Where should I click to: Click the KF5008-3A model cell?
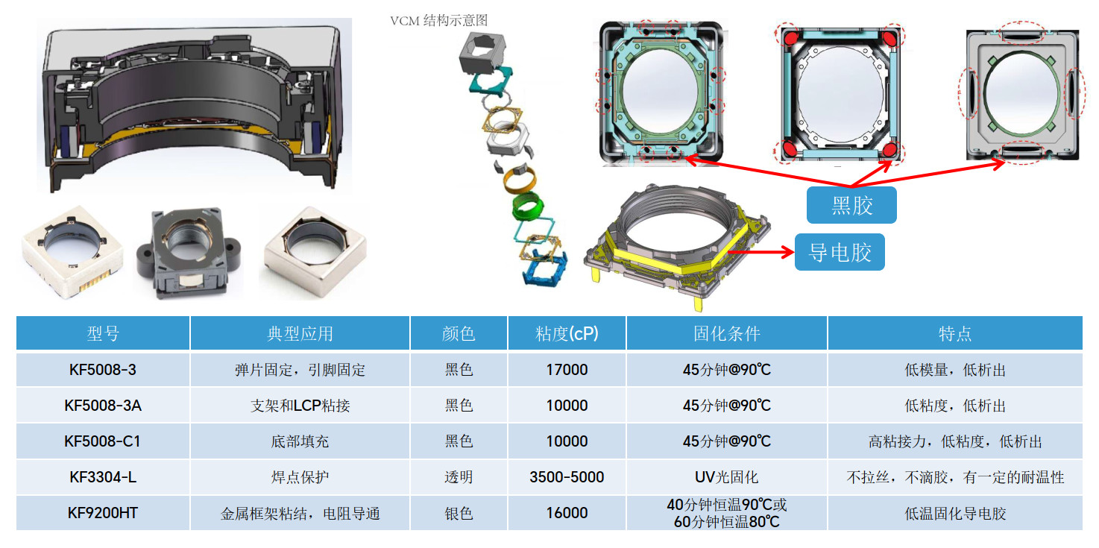pyautogui.click(x=103, y=406)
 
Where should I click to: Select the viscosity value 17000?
pyautogui.click(x=567, y=370)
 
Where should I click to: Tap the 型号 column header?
pyautogui.click(x=103, y=333)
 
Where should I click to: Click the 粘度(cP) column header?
pyautogui.click(x=567, y=333)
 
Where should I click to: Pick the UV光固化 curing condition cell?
pyautogui.click(x=727, y=477)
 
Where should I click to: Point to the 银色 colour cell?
pyautogui.click(x=459, y=513)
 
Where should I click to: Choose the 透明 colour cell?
pyautogui.click(x=459, y=477)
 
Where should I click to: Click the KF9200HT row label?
pyautogui.click(x=103, y=513)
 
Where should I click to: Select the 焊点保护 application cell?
pyautogui.click(x=300, y=477)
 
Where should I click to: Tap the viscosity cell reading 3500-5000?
pyautogui.click(x=567, y=477)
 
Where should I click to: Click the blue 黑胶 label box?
pyautogui.click(x=851, y=205)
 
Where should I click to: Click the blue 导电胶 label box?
pyautogui.click(x=840, y=252)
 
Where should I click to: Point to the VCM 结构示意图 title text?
pyautogui.click(x=438, y=21)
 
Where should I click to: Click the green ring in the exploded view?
pyautogui.click(x=527, y=206)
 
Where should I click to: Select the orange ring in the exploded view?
pyautogui.click(x=520, y=178)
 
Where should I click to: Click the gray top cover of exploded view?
pyautogui.click(x=482, y=52)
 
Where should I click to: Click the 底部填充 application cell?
pyautogui.click(x=300, y=441)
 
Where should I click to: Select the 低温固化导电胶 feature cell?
pyautogui.click(x=955, y=513)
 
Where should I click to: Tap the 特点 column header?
pyautogui.click(x=955, y=333)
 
